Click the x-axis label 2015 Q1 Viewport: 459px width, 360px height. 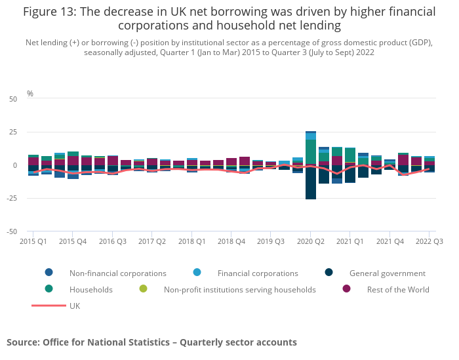click(33, 241)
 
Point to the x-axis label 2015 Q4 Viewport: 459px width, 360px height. click(73, 241)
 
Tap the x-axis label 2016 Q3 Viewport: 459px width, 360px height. click(112, 241)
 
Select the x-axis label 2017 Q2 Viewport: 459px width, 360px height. click(152, 241)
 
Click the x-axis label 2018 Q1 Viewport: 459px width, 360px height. click(192, 241)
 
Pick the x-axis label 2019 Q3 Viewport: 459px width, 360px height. click(271, 241)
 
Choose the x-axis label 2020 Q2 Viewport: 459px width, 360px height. click(311, 241)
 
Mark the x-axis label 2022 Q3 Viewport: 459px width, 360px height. click(429, 241)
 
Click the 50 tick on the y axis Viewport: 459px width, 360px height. click(13, 99)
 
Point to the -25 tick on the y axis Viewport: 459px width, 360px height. click(11, 198)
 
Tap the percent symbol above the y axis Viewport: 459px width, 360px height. click(30, 94)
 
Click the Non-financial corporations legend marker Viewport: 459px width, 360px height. click(49, 273)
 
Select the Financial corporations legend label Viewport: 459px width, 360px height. click(258, 273)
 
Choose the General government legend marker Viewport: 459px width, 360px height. click(329, 273)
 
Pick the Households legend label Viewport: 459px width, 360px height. click(91, 289)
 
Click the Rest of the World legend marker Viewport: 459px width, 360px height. click(347, 289)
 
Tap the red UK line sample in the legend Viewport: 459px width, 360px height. click(49, 306)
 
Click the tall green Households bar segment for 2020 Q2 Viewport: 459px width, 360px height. click(311, 151)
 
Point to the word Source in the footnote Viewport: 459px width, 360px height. click(22, 342)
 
